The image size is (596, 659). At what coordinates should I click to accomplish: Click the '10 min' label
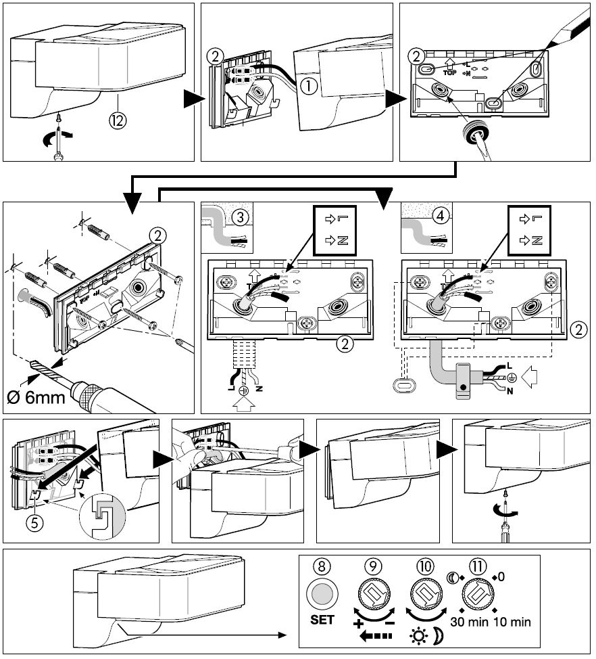click(x=512, y=621)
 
